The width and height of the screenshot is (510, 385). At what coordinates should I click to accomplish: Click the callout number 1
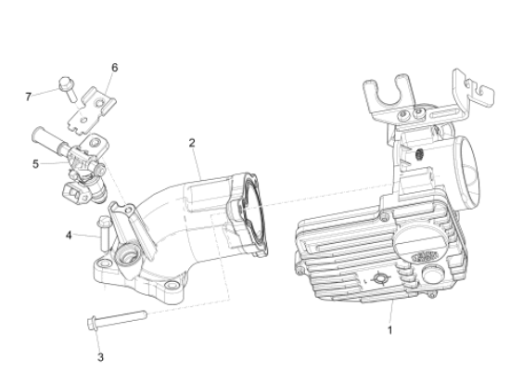[x=389, y=330]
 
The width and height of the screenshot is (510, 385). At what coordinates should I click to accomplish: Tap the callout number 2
[x=192, y=143]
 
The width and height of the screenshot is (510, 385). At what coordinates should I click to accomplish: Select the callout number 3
[x=100, y=357]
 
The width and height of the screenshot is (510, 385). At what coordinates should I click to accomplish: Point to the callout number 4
[x=69, y=235]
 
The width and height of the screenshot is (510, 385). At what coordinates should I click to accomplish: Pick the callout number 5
[x=35, y=164]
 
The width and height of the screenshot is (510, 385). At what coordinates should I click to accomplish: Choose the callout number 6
[x=114, y=68]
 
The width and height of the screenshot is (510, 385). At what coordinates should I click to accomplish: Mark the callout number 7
[x=29, y=96]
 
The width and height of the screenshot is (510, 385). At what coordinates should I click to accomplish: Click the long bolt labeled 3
[x=117, y=319]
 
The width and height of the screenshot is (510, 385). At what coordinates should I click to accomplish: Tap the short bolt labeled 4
[x=103, y=235]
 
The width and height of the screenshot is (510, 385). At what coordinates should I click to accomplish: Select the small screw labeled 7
[x=68, y=88]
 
